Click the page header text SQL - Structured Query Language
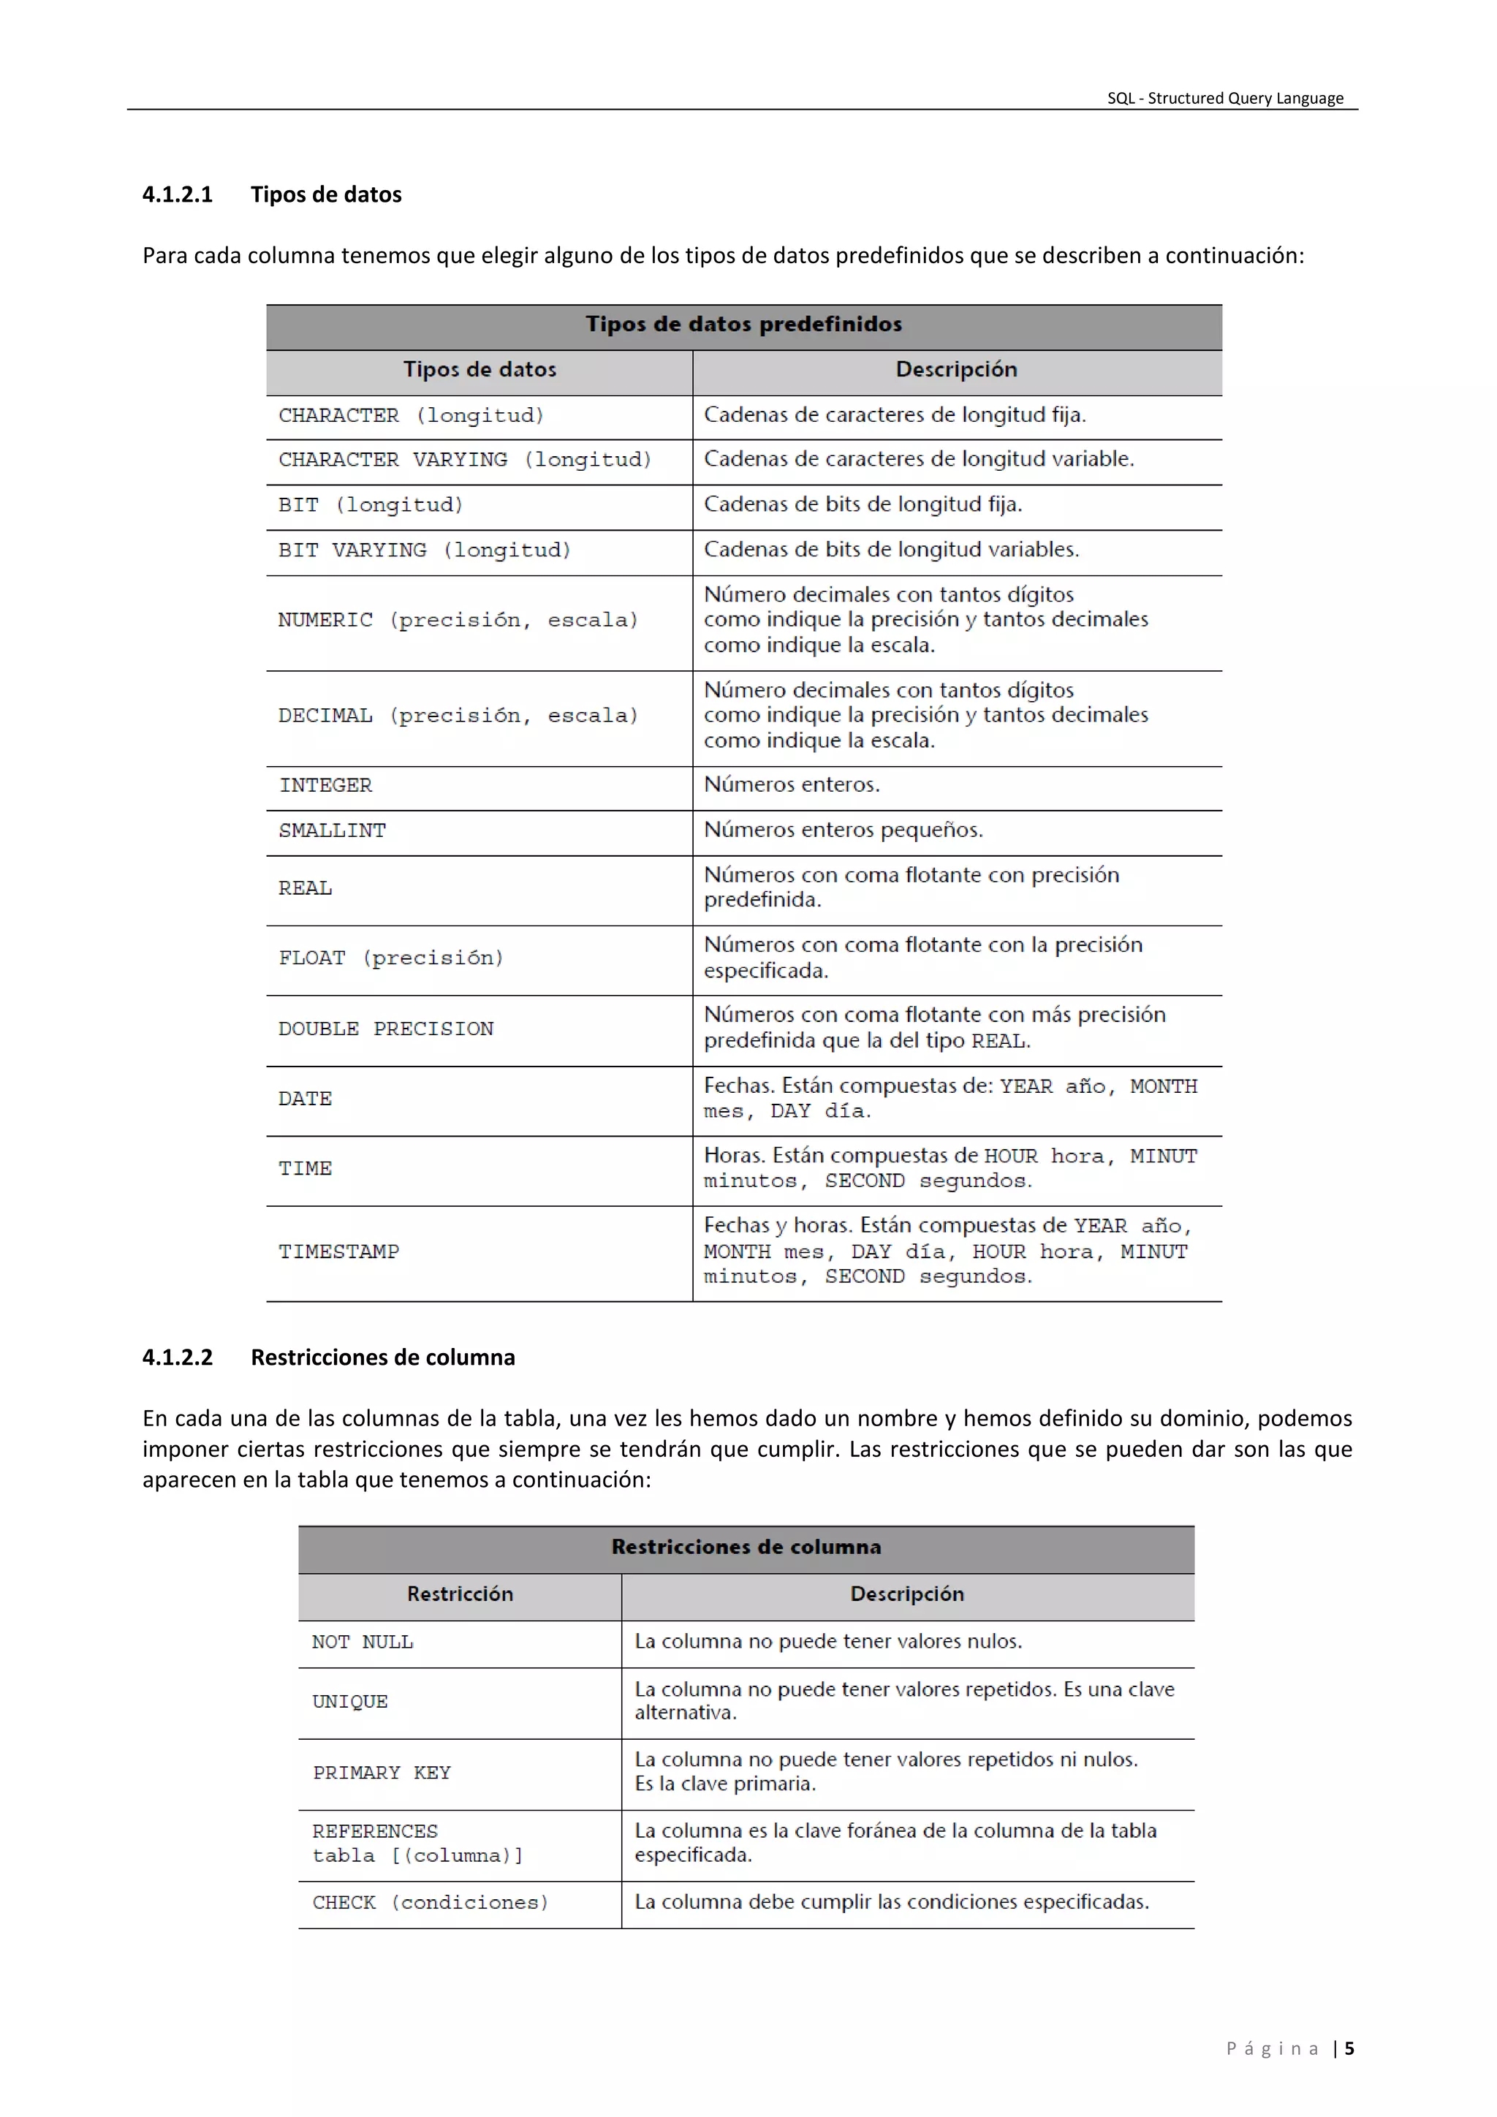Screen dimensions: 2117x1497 click(x=1224, y=98)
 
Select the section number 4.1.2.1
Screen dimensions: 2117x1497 click(x=177, y=194)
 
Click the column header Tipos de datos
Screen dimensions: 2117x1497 click(x=480, y=370)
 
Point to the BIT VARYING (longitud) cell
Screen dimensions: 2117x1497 click(x=424, y=550)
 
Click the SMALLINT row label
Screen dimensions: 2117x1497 click(x=332, y=830)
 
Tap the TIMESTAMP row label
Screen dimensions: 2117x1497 click(x=338, y=1252)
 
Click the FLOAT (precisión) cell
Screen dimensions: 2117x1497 click(x=391, y=958)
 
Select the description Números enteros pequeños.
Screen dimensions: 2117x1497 click(x=843, y=830)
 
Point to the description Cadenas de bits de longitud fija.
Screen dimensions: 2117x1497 click(x=862, y=504)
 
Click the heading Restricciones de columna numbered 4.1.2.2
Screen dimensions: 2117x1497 click(x=382, y=1357)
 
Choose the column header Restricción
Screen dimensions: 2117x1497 click(x=460, y=1594)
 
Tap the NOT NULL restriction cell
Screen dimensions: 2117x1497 click(x=363, y=1642)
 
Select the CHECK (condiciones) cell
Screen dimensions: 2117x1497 click(x=430, y=1902)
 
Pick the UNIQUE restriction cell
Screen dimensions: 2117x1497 click(x=349, y=1702)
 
